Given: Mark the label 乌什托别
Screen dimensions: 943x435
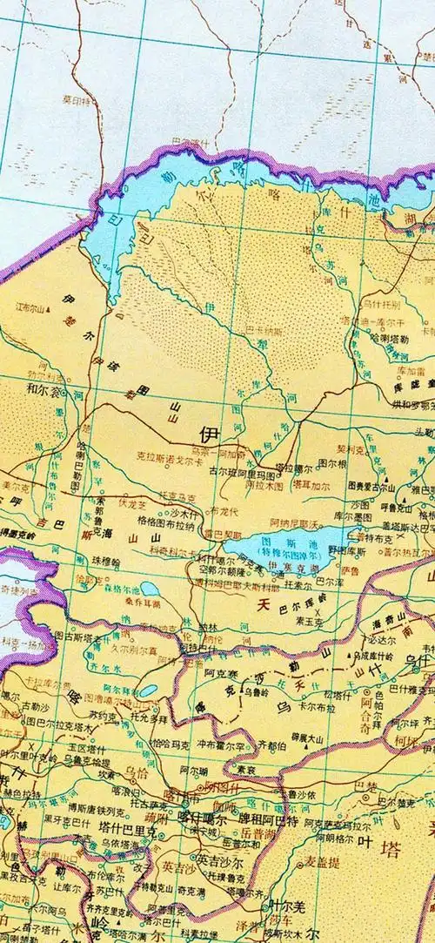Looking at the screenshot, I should click(380, 305).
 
